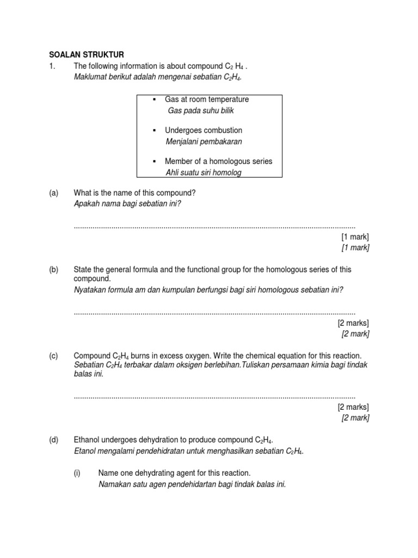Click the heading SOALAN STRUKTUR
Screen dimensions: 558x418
point(87,54)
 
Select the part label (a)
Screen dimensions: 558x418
point(53,193)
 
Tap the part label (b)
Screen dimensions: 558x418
point(53,269)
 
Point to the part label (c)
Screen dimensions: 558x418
point(53,355)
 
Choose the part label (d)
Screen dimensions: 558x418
point(53,440)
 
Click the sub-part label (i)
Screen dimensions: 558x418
point(77,473)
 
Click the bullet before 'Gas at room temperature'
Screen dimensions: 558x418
point(155,100)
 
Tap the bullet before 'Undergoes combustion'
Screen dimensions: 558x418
point(155,131)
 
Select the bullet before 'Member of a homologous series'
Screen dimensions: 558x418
point(155,162)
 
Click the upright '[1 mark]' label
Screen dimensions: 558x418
point(355,236)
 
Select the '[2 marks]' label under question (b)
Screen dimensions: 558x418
point(353,323)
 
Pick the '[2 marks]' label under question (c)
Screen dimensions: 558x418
point(353,407)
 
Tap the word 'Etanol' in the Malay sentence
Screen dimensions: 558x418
point(84,451)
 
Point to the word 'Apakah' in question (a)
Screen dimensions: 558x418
point(86,204)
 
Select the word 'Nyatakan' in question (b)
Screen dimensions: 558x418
point(90,290)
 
